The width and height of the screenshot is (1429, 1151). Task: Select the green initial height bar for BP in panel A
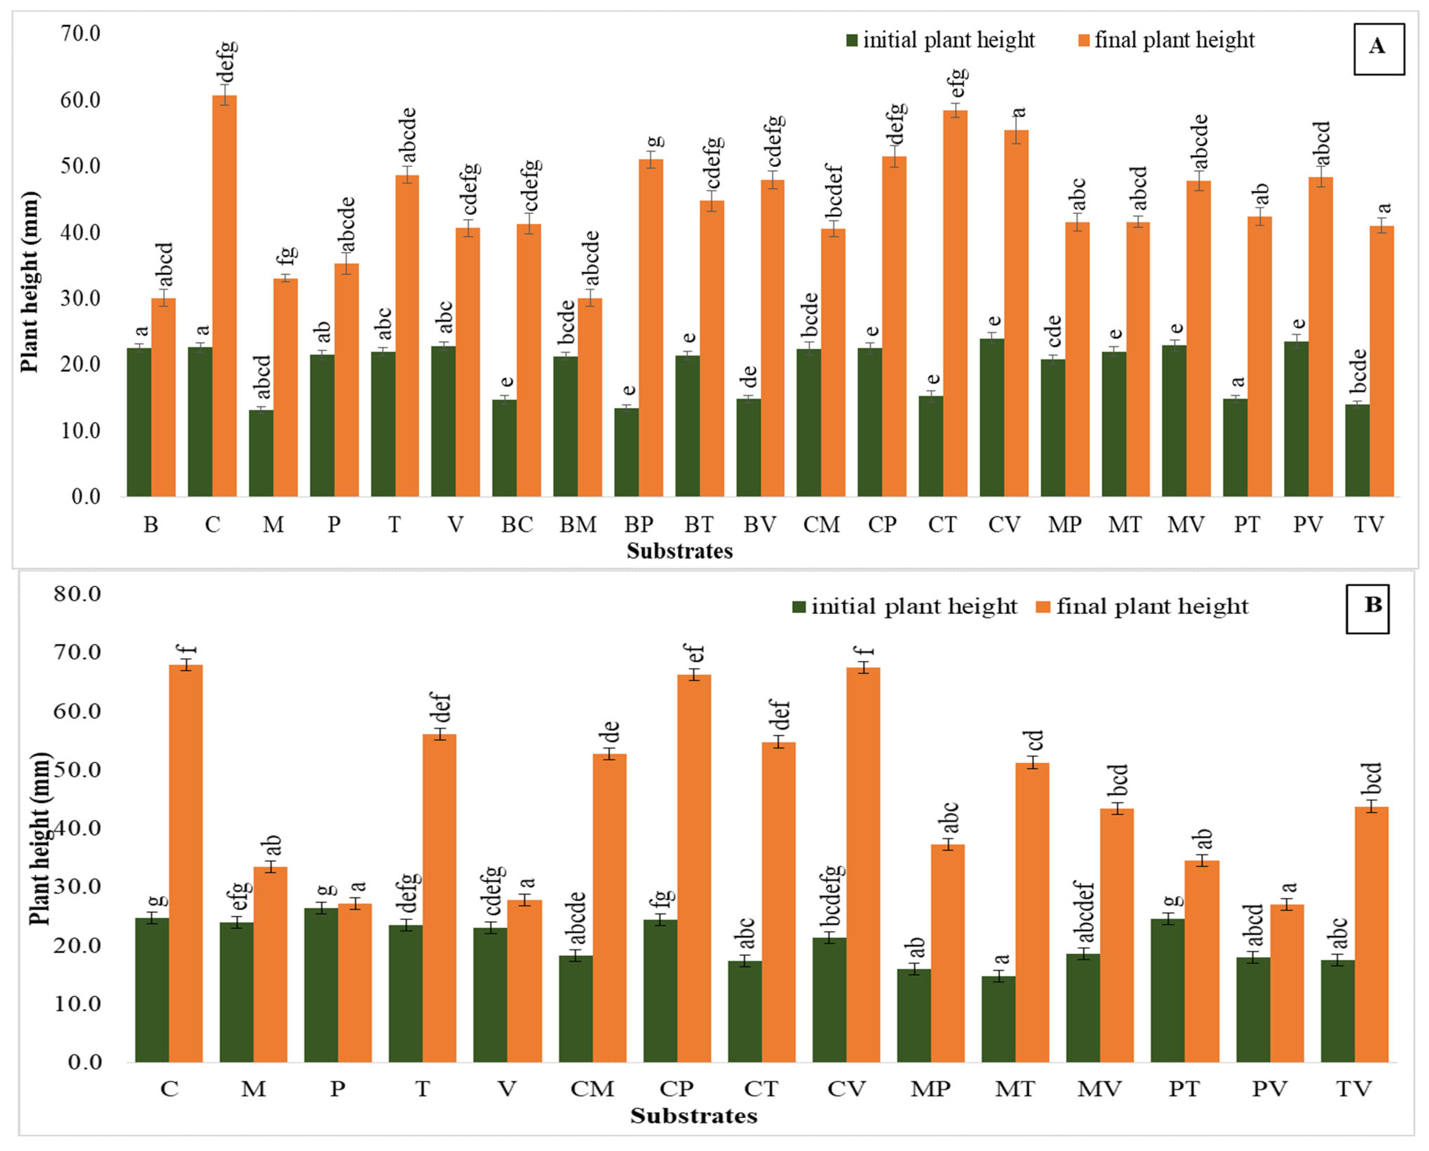(626, 452)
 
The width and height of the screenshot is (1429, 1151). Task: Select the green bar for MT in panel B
(998, 1019)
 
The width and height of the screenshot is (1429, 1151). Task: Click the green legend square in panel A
(852, 40)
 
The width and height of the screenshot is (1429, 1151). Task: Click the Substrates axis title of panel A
(679, 551)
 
